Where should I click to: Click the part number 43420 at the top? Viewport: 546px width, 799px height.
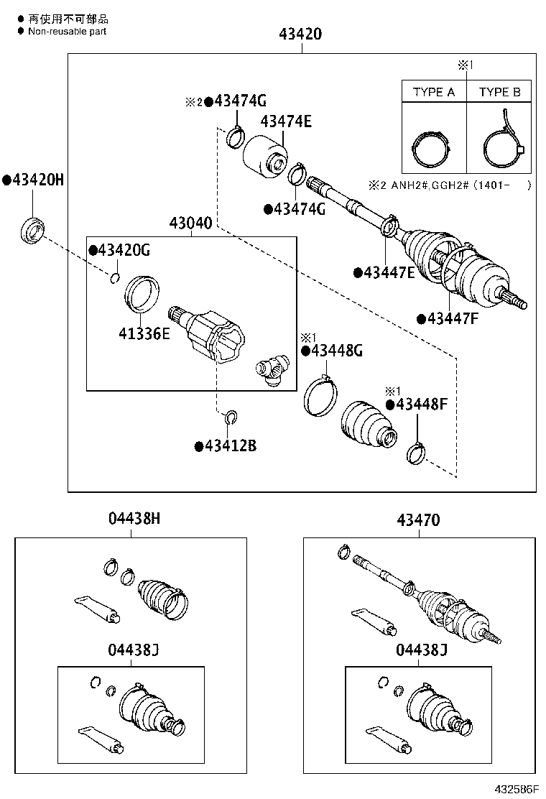click(x=301, y=34)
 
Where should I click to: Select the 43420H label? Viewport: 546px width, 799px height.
click(x=37, y=180)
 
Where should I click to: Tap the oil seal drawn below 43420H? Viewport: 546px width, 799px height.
click(x=32, y=230)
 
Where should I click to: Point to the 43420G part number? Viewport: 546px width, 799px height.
click(x=124, y=250)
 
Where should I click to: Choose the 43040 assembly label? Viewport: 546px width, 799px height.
click(x=190, y=223)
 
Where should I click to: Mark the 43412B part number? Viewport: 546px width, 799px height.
click(x=230, y=446)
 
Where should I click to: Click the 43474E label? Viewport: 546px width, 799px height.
click(x=285, y=121)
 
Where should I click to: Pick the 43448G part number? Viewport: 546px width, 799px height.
click(x=336, y=351)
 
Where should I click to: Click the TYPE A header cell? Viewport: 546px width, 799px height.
click(x=434, y=92)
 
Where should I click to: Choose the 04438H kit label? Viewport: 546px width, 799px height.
click(x=134, y=519)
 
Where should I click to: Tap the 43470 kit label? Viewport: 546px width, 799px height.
click(x=417, y=519)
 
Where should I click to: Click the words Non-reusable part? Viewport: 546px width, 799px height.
click(x=67, y=32)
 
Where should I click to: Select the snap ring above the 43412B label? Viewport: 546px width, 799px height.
click(x=231, y=416)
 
